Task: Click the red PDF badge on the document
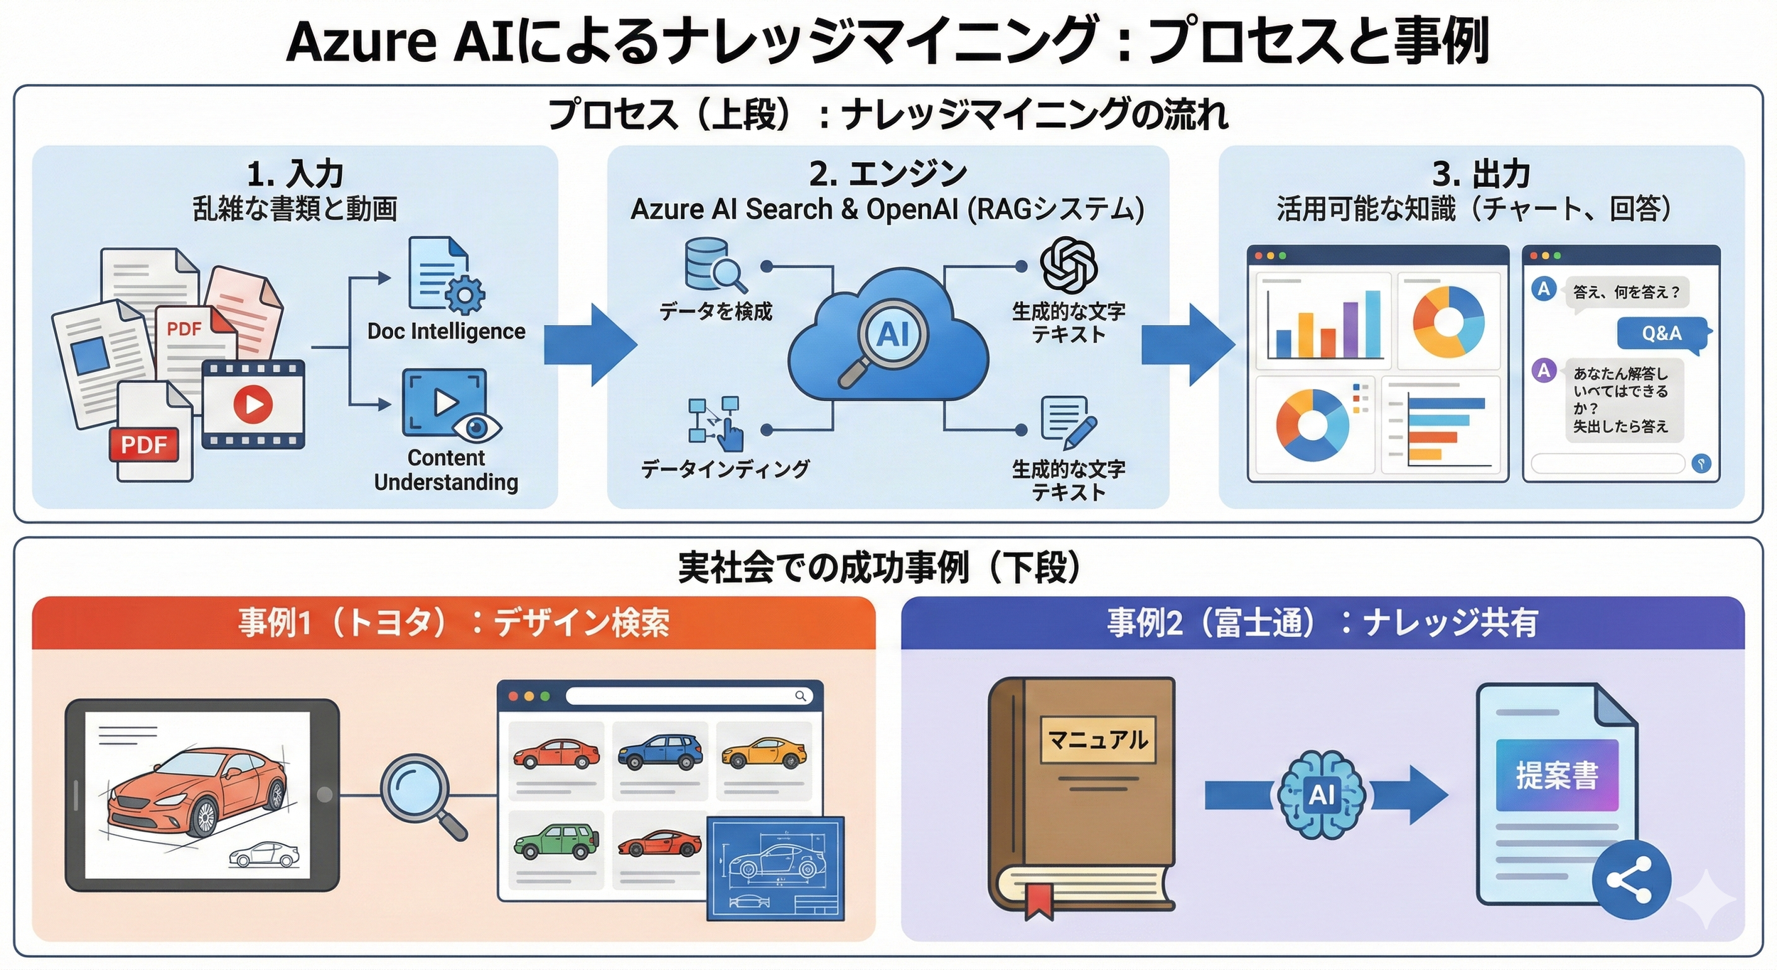pos(144,444)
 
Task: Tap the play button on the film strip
pos(253,403)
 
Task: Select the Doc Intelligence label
pos(446,331)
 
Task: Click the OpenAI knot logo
pos(1068,265)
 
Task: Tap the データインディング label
pos(724,469)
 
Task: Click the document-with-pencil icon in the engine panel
pos(1067,421)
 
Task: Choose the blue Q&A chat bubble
pos(1661,333)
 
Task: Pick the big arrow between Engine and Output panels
pos(1187,345)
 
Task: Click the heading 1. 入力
pos(294,174)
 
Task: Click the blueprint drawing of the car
pos(775,868)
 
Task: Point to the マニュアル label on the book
pos(1097,740)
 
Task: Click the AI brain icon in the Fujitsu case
pos(1321,794)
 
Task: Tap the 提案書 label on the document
pos(1556,775)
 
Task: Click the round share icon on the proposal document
pos(1632,880)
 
